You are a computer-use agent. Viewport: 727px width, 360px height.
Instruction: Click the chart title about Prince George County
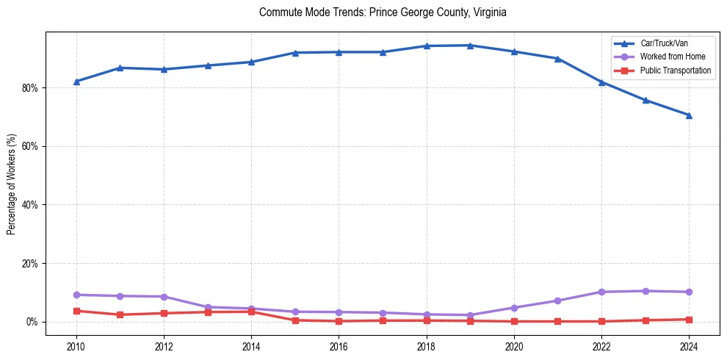pos(383,12)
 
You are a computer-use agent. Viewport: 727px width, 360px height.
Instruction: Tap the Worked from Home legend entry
pos(669,57)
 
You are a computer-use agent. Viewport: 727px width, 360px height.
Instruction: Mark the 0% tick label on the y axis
pos(35,322)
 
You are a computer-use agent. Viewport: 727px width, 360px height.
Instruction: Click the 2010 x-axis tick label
pos(76,345)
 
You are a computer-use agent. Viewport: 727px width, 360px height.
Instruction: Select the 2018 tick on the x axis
pos(426,345)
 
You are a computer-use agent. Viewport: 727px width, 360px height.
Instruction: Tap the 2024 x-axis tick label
pos(689,345)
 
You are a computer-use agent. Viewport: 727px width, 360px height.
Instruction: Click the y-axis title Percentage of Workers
pos(12,184)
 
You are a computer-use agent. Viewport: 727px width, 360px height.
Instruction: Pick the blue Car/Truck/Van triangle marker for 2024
pos(689,115)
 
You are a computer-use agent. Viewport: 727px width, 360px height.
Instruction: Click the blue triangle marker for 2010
pos(76,82)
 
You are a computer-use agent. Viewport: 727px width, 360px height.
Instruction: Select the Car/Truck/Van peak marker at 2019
pos(470,46)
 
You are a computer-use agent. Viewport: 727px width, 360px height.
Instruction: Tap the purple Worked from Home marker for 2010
pos(76,295)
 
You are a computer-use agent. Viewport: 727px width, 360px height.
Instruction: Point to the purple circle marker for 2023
pos(645,291)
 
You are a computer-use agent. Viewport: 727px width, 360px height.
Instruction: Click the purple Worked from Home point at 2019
pos(470,315)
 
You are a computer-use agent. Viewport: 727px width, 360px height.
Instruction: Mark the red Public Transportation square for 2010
pos(76,311)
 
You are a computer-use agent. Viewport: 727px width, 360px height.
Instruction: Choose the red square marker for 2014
pos(251,312)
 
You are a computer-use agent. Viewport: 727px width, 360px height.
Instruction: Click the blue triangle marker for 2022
pos(601,82)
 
